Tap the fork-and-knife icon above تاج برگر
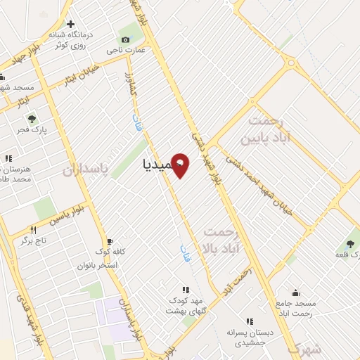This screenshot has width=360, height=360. (33, 230)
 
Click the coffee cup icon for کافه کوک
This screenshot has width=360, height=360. (108, 241)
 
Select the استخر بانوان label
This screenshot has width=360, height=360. (97, 265)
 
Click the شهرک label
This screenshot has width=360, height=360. (304, 348)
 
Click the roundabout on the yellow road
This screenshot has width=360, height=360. (291, 63)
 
